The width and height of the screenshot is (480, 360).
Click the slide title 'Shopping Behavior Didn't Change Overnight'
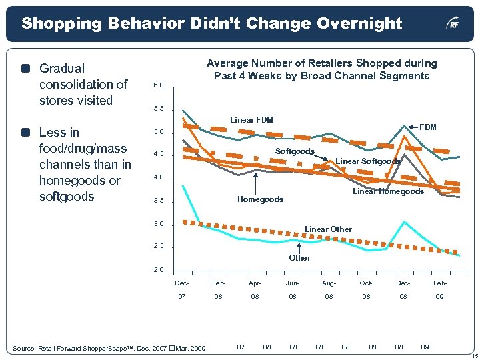tap(211, 24)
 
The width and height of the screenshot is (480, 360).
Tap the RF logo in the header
tap(453, 25)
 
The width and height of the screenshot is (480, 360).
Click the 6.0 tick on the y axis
tap(158, 86)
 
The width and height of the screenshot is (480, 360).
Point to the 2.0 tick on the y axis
tap(158, 270)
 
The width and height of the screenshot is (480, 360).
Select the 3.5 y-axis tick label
tap(158, 201)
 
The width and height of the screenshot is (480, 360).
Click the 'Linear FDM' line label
tap(251, 120)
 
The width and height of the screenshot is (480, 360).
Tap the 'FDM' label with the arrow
tap(427, 127)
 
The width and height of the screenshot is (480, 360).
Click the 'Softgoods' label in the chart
tap(295, 152)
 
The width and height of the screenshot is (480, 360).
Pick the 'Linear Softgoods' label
tap(367, 161)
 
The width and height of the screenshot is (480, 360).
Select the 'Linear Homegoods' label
tap(388, 192)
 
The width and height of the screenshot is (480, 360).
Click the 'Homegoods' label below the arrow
tap(260, 199)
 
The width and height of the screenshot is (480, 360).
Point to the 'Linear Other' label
tap(328, 229)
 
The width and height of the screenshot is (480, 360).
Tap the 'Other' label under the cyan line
tap(299, 258)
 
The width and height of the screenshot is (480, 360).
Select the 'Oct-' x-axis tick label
tap(365, 283)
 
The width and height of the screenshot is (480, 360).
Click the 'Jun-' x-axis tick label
tap(292, 283)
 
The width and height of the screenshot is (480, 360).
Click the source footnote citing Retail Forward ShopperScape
tap(110, 348)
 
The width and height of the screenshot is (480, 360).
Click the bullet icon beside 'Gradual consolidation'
tap(25, 69)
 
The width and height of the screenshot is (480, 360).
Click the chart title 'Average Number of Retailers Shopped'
tap(321, 69)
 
